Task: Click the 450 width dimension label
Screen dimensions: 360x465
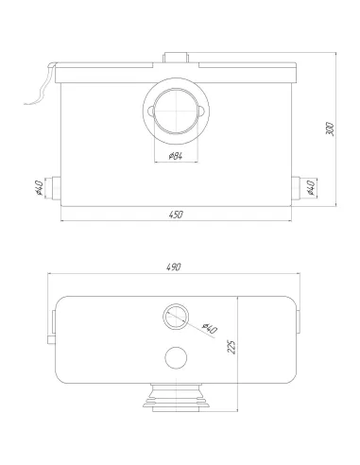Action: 176,215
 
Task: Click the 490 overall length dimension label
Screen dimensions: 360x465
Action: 174,267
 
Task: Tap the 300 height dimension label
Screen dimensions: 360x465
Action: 329,129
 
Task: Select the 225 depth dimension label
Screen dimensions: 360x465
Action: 231,347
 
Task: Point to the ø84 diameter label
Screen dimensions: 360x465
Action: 176,156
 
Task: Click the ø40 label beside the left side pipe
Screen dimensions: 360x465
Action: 39,188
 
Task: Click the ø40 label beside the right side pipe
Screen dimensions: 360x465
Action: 311,187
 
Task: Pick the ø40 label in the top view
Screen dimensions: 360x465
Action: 210,328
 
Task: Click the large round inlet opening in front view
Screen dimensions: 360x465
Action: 176,112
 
